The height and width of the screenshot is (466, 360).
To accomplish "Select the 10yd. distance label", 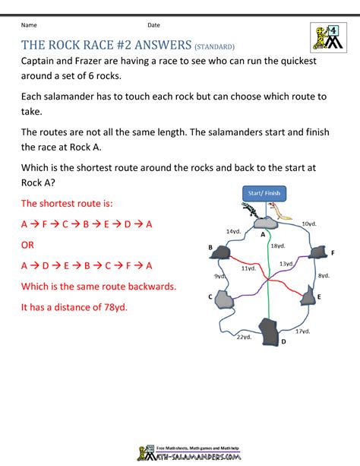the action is (308, 223).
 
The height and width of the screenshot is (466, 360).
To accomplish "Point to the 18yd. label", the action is (278, 246).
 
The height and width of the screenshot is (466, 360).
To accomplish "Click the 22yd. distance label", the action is (244, 336).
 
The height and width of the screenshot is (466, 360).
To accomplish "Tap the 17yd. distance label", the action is (302, 331).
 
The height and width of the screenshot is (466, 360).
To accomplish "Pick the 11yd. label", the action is (248, 268).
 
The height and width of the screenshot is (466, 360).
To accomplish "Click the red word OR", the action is (27, 245).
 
